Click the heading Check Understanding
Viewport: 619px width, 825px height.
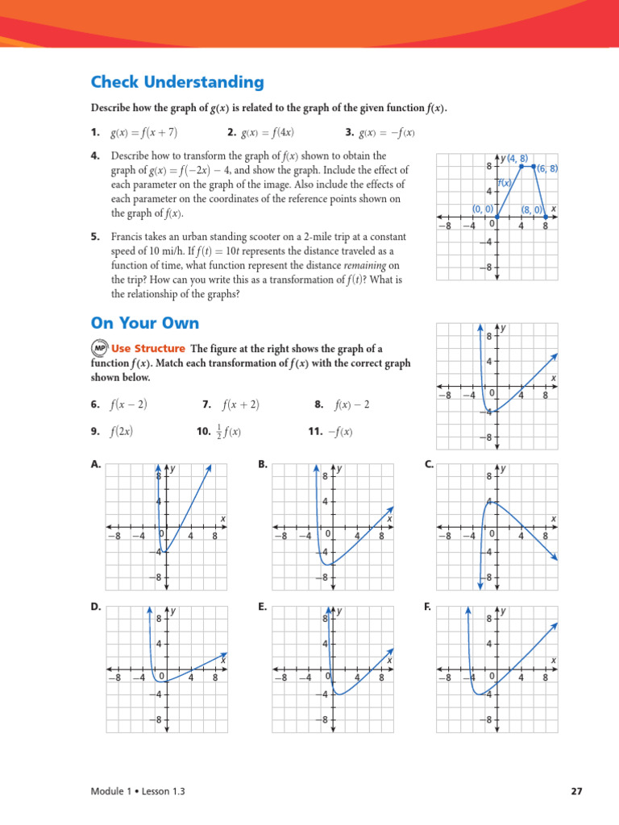click(177, 82)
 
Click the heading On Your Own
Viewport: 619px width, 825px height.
click(144, 323)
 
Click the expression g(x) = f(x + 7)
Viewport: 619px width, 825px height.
click(143, 133)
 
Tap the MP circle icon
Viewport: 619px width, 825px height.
click(98, 349)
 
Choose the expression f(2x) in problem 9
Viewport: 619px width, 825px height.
click(121, 432)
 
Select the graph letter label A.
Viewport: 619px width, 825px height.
click(96, 464)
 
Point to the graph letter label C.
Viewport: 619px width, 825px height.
click(429, 464)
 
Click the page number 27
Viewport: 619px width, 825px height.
click(576, 791)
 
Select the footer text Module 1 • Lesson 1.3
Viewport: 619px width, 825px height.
click(138, 791)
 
